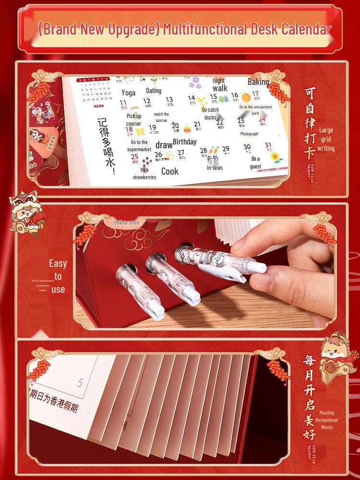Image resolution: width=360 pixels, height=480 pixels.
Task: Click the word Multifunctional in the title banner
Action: click(x=205, y=30)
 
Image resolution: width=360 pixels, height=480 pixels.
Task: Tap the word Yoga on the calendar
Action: click(x=128, y=93)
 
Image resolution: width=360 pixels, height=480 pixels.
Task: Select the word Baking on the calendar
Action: click(x=258, y=82)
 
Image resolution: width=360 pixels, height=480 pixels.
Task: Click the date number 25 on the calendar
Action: click(x=135, y=156)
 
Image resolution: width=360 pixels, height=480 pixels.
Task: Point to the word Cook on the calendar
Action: click(x=169, y=171)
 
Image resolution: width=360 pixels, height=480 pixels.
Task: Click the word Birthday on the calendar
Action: click(x=184, y=142)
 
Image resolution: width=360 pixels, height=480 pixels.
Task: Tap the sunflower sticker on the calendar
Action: click(x=276, y=157)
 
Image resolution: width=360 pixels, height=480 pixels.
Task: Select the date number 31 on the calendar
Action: click(x=268, y=145)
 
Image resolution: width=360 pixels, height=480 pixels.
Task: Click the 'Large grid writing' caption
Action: click(x=326, y=139)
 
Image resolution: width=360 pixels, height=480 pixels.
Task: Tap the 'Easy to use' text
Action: click(x=58, y=276)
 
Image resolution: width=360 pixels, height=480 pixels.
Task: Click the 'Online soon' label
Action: click(x=127, y=223)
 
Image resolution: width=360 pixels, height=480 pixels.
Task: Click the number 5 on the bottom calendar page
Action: click(x=80, y=383)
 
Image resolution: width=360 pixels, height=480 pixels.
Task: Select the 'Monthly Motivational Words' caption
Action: click(x=326, y=420)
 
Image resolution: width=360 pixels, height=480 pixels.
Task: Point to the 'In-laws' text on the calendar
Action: click(x=215, y=168)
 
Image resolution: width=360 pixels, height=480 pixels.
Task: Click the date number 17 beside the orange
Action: click(x=255, y=95)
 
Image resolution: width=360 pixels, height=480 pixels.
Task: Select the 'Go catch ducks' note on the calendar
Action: click(x=210, y=114)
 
